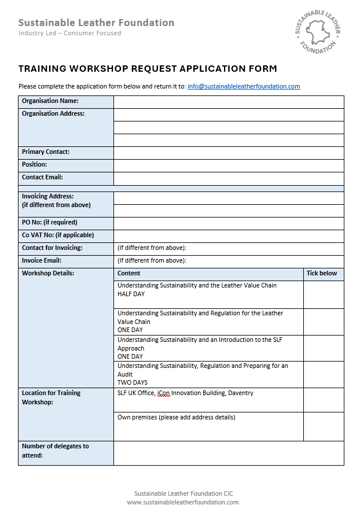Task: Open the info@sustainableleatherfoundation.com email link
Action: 244,87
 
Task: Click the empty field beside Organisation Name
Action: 229,102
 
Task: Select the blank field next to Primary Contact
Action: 229,153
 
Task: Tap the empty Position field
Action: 229,165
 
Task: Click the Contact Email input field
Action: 229,178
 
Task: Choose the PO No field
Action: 229,223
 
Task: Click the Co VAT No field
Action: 229,236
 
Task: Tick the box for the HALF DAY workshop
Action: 324,294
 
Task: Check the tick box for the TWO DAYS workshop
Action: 324,374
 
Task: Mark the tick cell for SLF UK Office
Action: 324,400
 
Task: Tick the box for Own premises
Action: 324,426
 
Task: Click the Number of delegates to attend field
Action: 229,453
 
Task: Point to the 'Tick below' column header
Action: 322,274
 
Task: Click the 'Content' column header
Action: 129,274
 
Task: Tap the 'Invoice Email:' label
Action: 42,261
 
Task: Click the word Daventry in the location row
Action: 240,393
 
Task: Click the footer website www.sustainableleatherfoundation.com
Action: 183,502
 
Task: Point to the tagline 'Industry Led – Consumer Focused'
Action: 70,34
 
